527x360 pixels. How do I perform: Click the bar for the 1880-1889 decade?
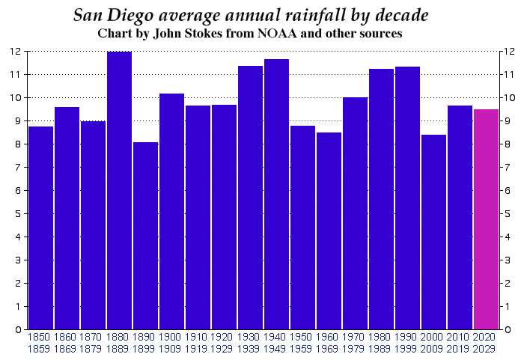[120, 191]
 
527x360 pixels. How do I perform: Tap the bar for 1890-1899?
[146, 236]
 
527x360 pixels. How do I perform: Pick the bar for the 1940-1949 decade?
[277, 194]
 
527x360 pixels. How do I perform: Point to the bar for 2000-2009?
[434, 232]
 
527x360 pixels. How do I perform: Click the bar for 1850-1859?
[40, 228]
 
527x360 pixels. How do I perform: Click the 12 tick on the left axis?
[15, 52]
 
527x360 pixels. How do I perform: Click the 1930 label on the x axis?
[250, 338]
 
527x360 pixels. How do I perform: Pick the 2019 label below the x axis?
[460, 348]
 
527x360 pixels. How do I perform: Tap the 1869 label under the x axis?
[67, 348]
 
